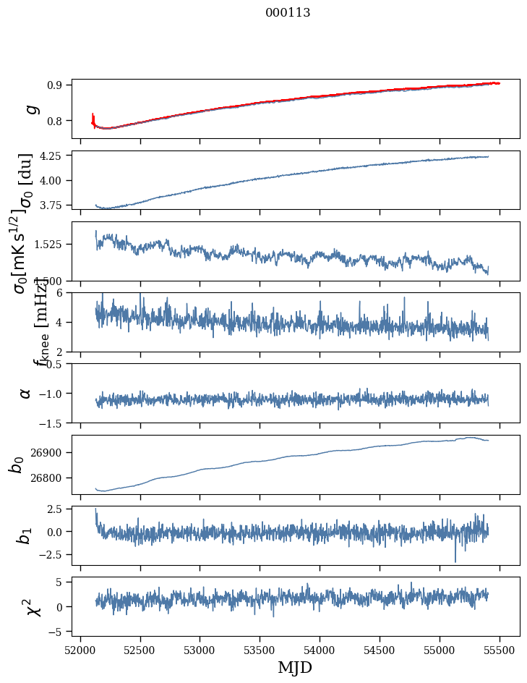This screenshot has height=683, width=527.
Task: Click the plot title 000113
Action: pyautogui.click(x=288, y=12)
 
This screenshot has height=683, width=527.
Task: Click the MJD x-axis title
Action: pyautogui.click(x=295, y=667)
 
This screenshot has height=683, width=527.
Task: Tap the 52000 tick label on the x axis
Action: pyautogui.click(x=80, y=648)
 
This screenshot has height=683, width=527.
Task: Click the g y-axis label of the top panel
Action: pyautogui.click(x=30, y=109)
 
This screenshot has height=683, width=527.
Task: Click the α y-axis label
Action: pyautogui.click(x=25, y=393)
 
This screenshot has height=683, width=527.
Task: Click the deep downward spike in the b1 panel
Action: pyautogui.click(x=455, y=560)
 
